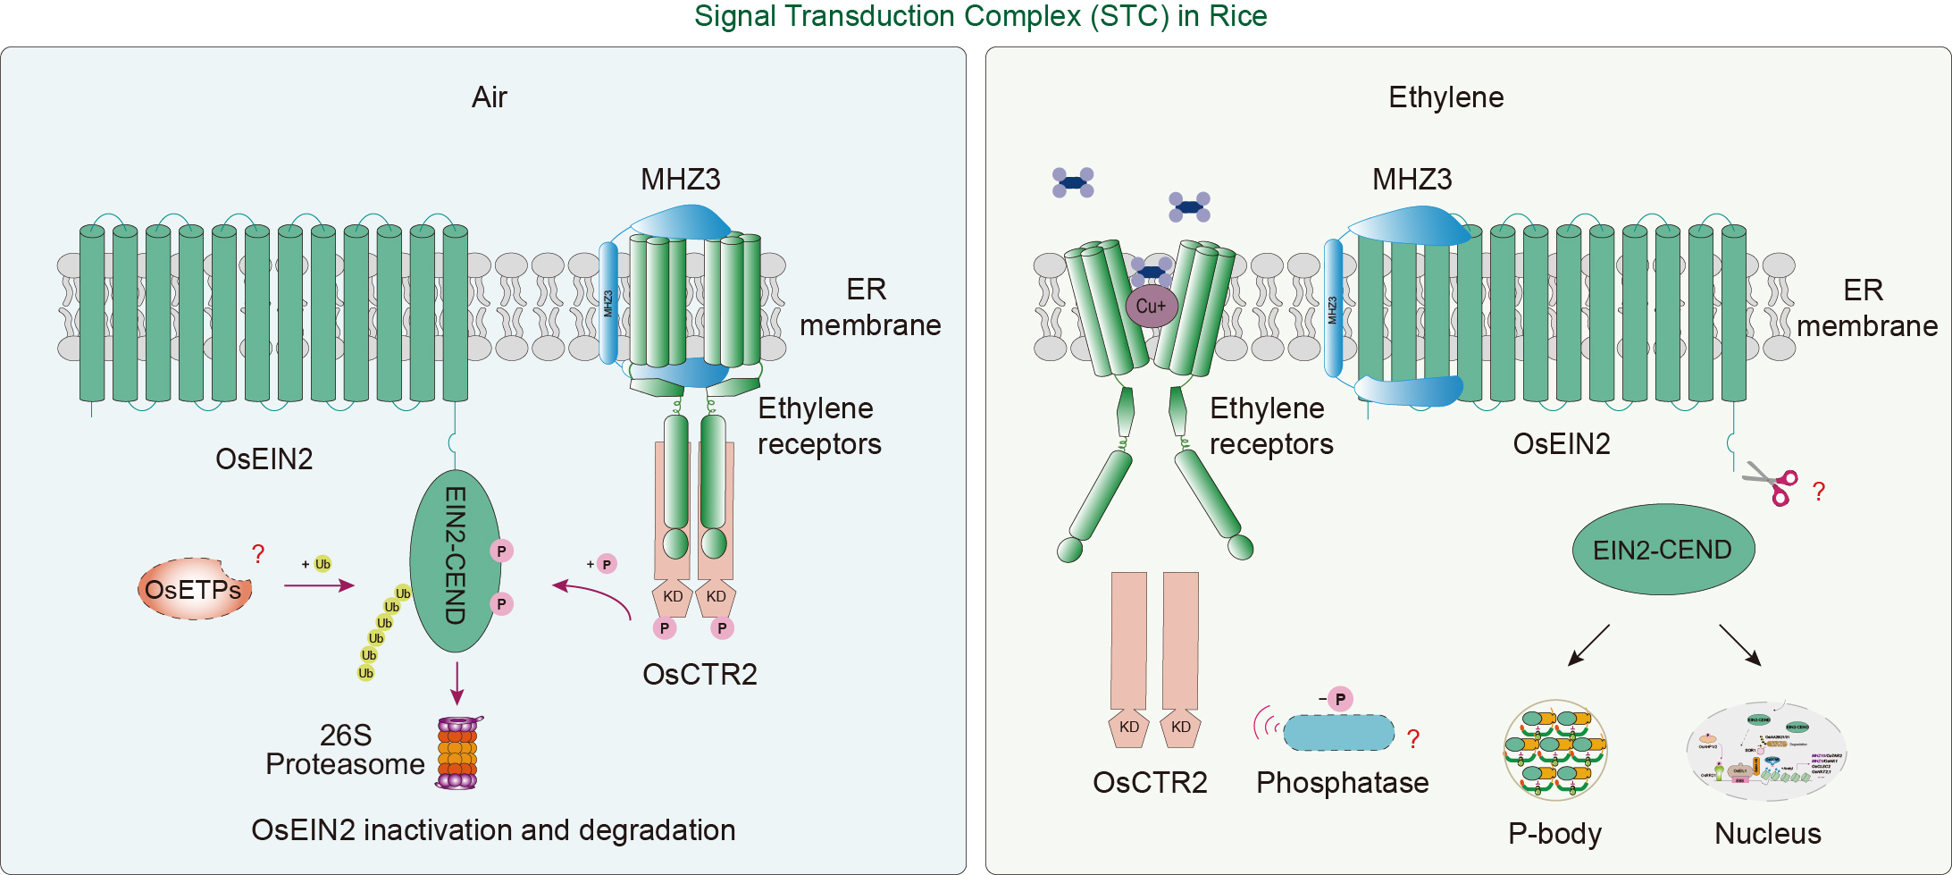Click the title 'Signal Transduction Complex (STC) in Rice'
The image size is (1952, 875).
980,16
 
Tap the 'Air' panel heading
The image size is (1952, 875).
489,97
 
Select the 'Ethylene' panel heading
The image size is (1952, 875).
1445,97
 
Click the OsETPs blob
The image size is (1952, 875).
194,589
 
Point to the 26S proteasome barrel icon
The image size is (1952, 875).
457,753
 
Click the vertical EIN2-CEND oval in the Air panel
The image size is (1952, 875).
455,560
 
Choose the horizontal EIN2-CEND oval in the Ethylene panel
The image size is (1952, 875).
1662,550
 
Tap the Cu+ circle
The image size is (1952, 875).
1151,306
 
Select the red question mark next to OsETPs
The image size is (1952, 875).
258,554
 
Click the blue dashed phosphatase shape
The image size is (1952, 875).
1338,733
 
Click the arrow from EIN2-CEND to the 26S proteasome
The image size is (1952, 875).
457,684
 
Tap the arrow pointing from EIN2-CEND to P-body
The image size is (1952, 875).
1588,645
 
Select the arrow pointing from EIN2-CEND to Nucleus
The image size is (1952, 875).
1739,645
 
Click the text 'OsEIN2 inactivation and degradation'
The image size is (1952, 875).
493,830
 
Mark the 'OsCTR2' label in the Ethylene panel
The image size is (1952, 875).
1150,783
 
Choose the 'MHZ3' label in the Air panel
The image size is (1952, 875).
680,180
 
